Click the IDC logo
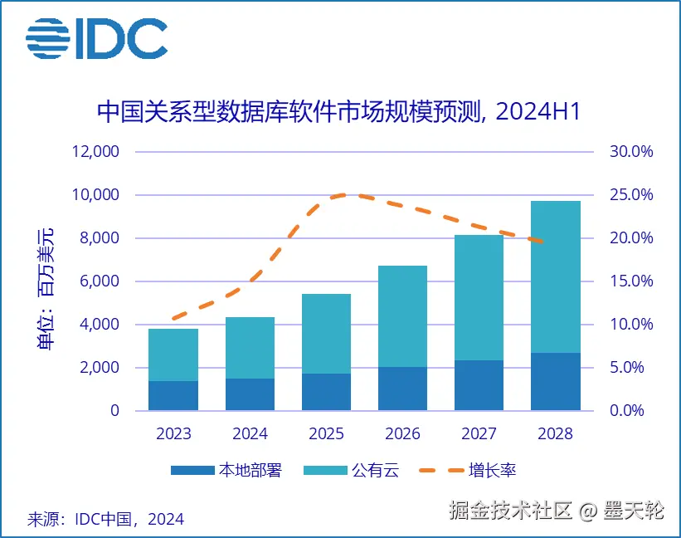(96, 38)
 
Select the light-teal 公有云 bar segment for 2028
(555, 276)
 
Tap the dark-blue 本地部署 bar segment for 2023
(173, 395)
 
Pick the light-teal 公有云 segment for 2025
(326, 334)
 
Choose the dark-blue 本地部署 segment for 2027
(479, 385)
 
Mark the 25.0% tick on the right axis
(632, 195)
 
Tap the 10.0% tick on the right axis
(632, 325)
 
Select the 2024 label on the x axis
(250, 433)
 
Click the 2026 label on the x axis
(402, 433)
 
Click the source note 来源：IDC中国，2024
(105, 519)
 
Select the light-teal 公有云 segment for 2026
(402, 316)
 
